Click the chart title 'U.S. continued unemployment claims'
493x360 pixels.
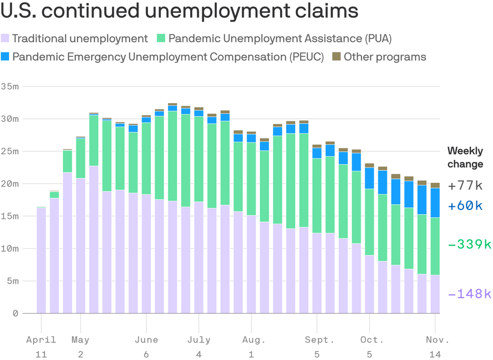[x=180, y=11]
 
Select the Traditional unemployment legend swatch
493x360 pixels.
[x=6, y=38]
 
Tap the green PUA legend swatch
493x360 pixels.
[x=161, y=38]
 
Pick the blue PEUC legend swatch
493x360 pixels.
[x=6, y=57]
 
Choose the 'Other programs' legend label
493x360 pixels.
[x=385, y=57]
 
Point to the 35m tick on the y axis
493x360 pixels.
[x=10, y=87]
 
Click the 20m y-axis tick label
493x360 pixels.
[x=10, y=184]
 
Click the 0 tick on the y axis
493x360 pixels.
[x=15, y=313]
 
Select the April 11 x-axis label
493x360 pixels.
[x=41, y=347]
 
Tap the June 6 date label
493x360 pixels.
[x=146, y=347]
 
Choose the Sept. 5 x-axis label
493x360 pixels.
[x=317, y=347]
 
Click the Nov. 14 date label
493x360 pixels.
[x=435, y=347]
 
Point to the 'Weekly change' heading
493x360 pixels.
[x=465, y=157]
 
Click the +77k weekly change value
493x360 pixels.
[x=465, y=185]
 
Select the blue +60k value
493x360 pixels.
[x=465, y=205]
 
